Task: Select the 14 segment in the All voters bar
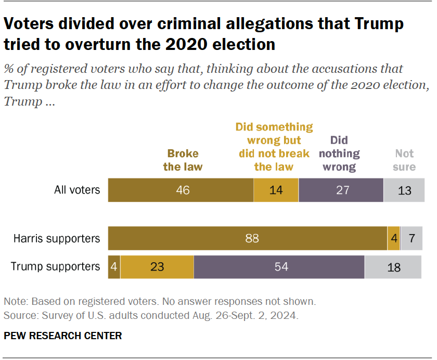pyautogui.click(x=276, y=190)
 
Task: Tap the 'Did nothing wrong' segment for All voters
pyautogui.click(x=341, y=190)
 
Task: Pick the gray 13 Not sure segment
pyautogui.click(x=404, y=190)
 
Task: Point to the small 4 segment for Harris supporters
pyautogui.click(x=393, y=239)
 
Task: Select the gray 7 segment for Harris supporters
pyautogui.click(x=412, y=239)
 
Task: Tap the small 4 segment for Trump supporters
pyautogui.click(x=114, y=266)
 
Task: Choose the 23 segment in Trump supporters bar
pyautogui.click(x=157, y=266)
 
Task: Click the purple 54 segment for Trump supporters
pyautogui.click(x=279, y=266)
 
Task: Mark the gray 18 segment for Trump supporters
pyautogui.click(x=394, y=266)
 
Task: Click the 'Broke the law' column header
pyautogui.click(x=183, y=160)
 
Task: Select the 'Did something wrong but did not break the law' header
pyautogui.click(x=274, y=147)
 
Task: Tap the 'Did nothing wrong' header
pyautogui.click(x=339, y=153)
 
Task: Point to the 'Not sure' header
pyautogui.click(x=404, y=160)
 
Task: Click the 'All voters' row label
pyautogui.click(x=77, y=190)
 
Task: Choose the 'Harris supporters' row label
pyautogui.click(x=57, y=239)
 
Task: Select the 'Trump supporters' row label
pyautogui.click(x=56, y=266)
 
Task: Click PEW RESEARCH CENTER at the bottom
pyautogui.click(x=63, y=336)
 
